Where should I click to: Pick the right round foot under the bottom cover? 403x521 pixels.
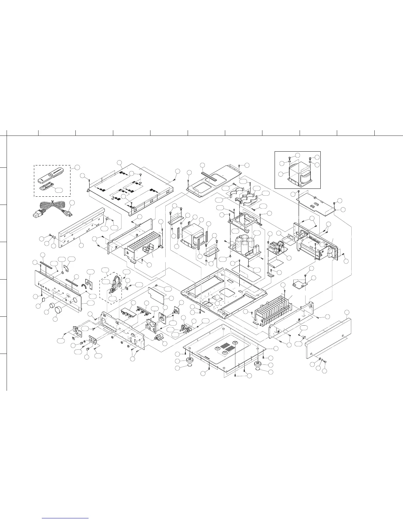(258, 365)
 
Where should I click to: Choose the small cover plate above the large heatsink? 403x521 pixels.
(300, 283)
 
